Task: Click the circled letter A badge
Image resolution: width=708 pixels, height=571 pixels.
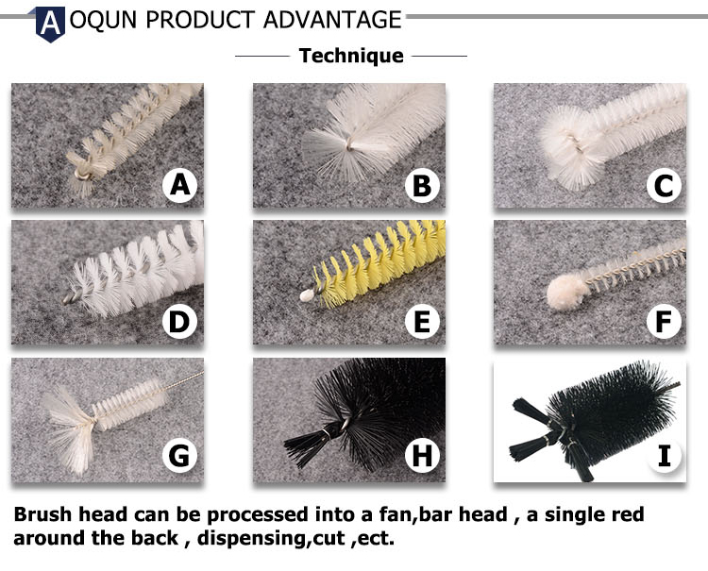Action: pos(179,185)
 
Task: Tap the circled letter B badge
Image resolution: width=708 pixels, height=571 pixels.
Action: pos(422,185)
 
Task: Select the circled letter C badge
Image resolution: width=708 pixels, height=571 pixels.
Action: pos(664,185)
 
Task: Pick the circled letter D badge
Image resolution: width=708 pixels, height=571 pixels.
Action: pos(179,322)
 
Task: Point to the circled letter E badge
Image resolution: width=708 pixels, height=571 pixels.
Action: pos(422,322)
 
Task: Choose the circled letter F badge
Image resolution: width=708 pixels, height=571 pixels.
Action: pos(664,322)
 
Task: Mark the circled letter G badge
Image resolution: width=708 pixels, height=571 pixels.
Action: pos(179,456)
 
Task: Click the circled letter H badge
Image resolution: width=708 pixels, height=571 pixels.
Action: pos(422,456)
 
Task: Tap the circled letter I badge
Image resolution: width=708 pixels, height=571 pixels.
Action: pos(664,456)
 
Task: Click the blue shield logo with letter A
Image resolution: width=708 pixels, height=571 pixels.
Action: pos(50,24)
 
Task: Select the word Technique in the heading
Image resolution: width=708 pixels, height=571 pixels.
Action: pos(351,56)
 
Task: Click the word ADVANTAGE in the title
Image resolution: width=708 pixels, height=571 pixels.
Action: pos(332,20)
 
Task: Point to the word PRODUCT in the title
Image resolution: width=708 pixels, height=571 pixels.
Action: pos(200,20)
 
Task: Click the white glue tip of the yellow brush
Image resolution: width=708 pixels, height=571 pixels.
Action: pos(308,295)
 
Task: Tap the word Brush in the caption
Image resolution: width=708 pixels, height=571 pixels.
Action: pos(42,514)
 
